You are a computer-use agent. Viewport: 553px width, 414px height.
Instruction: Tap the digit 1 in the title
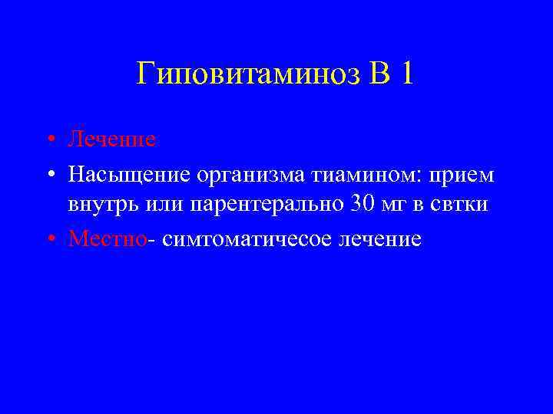point(406,75)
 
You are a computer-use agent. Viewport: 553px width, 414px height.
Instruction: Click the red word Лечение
point(112,140)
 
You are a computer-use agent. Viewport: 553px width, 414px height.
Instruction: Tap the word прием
point(462,176)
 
